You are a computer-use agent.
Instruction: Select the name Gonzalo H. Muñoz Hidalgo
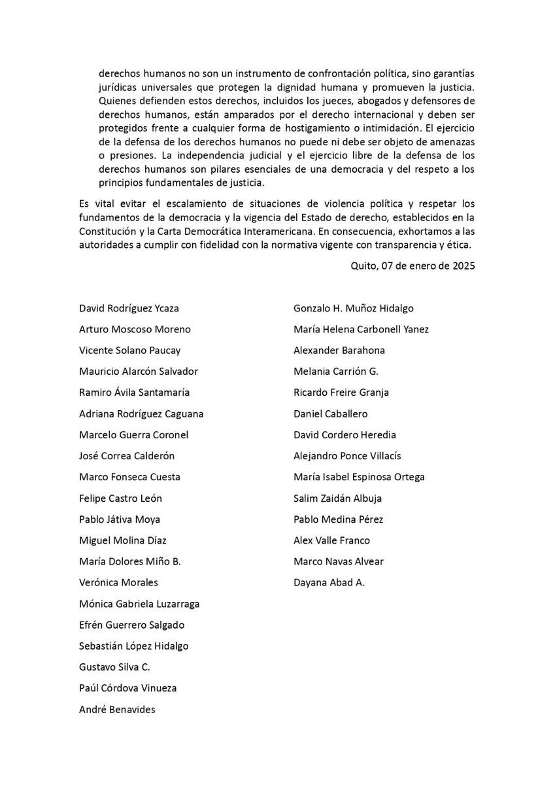(354, 308)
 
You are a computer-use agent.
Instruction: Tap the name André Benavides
(117, 708)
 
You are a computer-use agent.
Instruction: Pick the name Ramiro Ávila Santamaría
(135, 392)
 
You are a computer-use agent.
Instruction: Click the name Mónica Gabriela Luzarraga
(139, 603)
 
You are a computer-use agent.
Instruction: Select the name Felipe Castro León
(120, 498)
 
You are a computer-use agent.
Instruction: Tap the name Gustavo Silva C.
(114, 667)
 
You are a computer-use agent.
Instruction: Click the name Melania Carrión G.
(336, 371)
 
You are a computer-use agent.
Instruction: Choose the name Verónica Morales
(118, 582)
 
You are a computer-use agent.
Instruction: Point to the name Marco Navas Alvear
(339, 561)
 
